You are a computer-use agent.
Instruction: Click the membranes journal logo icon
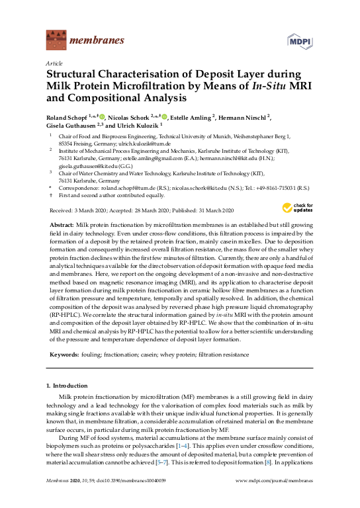[56, 40]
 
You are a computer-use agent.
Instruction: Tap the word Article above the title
[53, 63]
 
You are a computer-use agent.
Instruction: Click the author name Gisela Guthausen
[71, 126]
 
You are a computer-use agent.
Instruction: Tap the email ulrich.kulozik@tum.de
[145, 144]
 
